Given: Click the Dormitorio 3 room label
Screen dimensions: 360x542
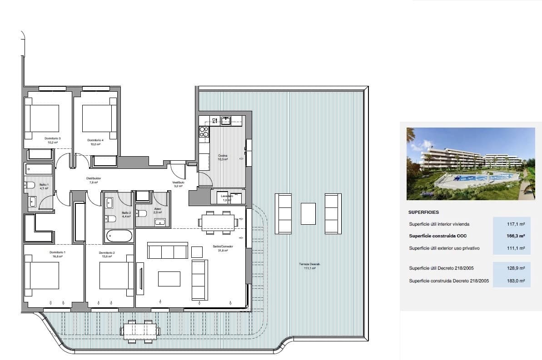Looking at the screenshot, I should point(53,138).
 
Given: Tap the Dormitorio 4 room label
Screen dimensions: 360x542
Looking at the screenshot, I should point(95,140).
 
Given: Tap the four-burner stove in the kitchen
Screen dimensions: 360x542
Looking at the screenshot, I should point(204,132).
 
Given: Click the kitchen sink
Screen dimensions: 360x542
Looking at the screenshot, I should point(225,120).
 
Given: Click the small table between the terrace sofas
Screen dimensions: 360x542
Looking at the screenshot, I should point(308,213).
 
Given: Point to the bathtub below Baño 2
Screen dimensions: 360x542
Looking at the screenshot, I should point(119,236).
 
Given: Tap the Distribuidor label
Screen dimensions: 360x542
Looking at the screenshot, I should point(93,178).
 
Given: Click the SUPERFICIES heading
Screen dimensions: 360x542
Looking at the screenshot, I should point(423,212).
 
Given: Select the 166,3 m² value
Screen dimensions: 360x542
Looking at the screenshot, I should point(516,236).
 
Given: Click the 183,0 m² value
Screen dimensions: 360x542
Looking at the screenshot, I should point(516,281).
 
